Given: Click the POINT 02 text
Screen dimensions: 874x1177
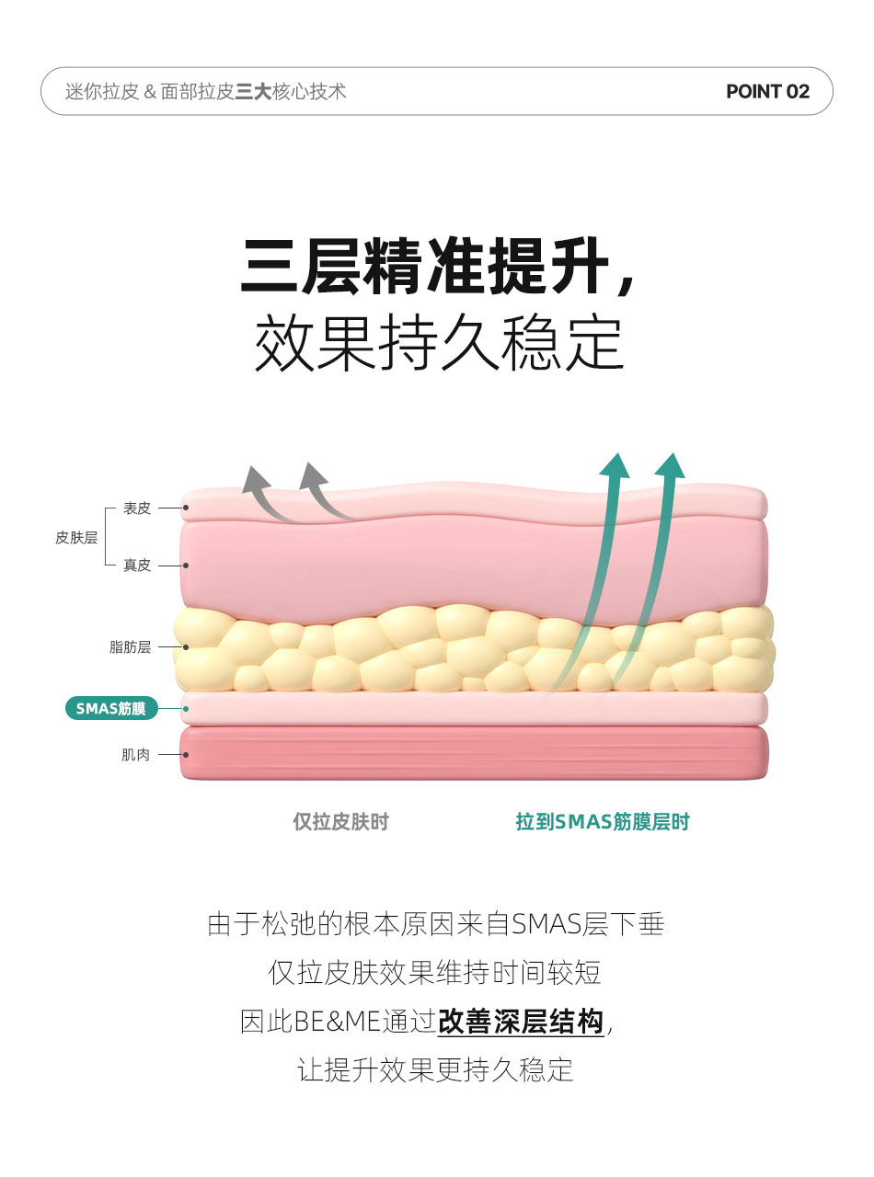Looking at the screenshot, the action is (767, 91).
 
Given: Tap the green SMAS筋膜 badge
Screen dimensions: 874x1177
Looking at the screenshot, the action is (111, 708).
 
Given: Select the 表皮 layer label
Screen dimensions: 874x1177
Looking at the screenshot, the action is (137, 508).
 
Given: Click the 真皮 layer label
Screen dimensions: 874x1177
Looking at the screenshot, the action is (137, 566).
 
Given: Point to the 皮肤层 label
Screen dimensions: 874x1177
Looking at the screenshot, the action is (76, 538).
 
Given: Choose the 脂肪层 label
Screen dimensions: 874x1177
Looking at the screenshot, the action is (130, 646).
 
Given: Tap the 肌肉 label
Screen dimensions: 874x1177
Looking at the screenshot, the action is (135, 755).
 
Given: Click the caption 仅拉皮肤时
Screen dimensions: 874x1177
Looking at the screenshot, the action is (341, 821).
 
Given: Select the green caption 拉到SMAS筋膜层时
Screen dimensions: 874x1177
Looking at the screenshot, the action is (602, 821).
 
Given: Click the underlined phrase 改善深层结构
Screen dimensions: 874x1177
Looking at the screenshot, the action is (521, 1021).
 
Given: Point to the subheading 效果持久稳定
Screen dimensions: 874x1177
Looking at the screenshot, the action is (439, 342).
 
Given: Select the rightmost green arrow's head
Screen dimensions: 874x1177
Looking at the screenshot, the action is (670, 466).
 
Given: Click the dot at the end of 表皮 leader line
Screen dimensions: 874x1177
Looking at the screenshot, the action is (186, 508).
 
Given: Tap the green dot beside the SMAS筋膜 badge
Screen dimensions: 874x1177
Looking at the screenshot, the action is (186, 708).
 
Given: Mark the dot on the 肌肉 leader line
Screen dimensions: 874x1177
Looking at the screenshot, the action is (186, 755).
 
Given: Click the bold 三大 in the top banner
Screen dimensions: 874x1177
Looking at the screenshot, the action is (253, 92).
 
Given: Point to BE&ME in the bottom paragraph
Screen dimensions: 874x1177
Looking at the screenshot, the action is (337, 1022).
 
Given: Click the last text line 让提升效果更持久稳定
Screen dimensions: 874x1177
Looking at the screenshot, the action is (435, 1069).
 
